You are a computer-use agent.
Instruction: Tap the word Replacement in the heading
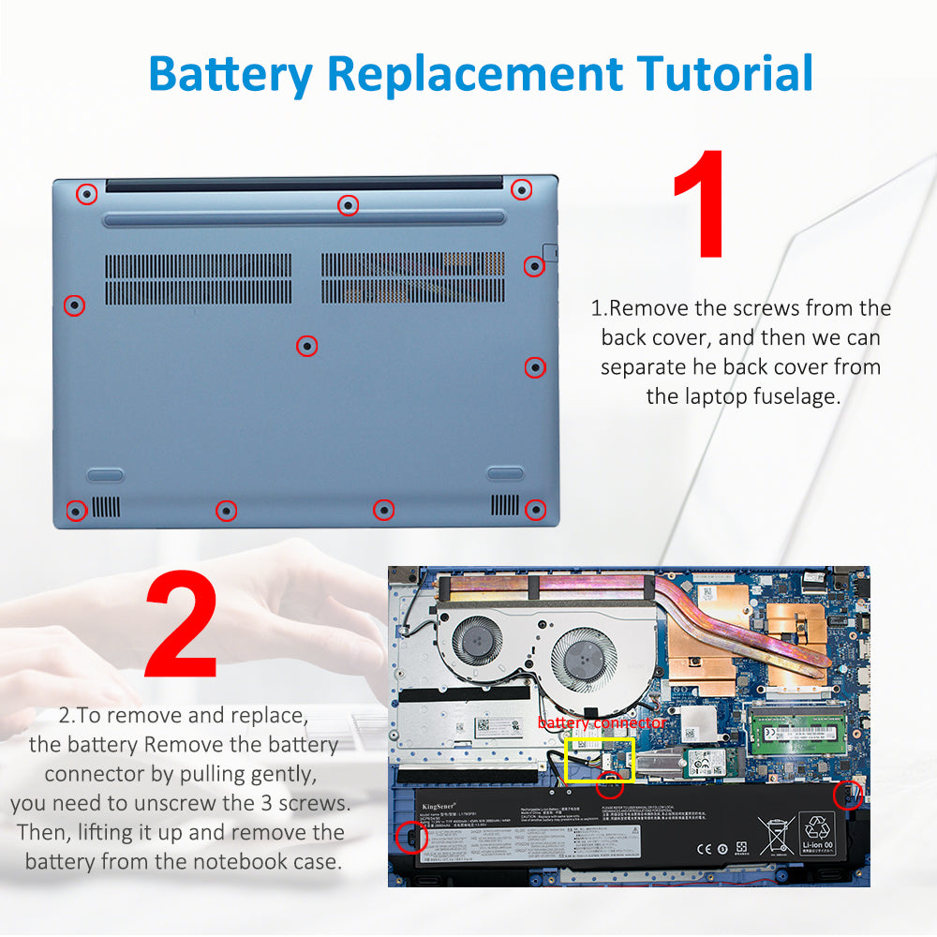point(474,73)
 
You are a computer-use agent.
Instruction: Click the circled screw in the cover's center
point(306,346)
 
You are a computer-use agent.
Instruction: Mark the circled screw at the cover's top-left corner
point(86,194)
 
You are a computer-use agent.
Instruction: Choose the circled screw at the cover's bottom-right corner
point(535,510)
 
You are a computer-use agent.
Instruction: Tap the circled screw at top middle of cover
point(348,204)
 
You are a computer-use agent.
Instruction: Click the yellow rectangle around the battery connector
point(601,760)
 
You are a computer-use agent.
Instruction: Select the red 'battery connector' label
point(602,723)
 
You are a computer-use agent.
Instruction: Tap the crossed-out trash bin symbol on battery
point(775,834)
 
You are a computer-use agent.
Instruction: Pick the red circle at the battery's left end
point(409,837)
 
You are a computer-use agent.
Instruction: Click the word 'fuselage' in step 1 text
point(791,396)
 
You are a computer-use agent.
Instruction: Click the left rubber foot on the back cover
point(105,474)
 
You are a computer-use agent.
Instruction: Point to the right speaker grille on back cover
point(505,505)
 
